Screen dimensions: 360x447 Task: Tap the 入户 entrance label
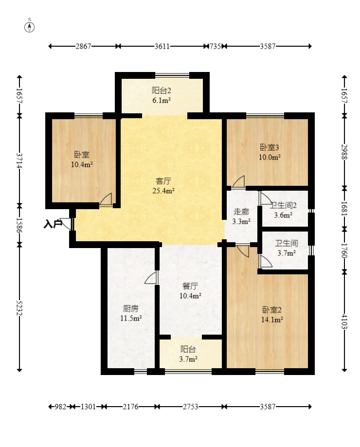(x=53, y=224)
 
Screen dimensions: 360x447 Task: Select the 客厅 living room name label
(x=163, y=181)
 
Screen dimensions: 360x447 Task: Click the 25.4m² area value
(x=163, y=191)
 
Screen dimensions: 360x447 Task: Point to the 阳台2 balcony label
(x=162, y=90)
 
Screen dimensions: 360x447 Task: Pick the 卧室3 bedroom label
(x=270, y=147)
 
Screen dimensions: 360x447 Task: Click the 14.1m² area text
(x=272, y=320)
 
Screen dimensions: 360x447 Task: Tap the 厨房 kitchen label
(x=131, y=308)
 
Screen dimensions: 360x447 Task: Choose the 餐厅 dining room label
(x=190, y=286)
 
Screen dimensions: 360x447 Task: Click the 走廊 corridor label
(x=241, y=212)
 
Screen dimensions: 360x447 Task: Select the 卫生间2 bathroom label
(x=283, y=205)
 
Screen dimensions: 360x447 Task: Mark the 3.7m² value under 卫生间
(x=287, y=253)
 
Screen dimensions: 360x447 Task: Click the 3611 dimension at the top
(x=162, y=46)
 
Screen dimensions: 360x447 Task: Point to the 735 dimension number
(x=215, y=46)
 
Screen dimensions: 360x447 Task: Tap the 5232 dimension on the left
(x=19, y=307)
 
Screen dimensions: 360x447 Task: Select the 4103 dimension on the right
(x=344, y=322)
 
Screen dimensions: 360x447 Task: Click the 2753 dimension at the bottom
(x=190, y=407)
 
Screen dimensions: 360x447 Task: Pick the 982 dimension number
(x=60, y=407)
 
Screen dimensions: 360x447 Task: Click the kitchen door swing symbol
(x=151, y=277)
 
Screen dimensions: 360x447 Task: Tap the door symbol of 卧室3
(x=238, y=182)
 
